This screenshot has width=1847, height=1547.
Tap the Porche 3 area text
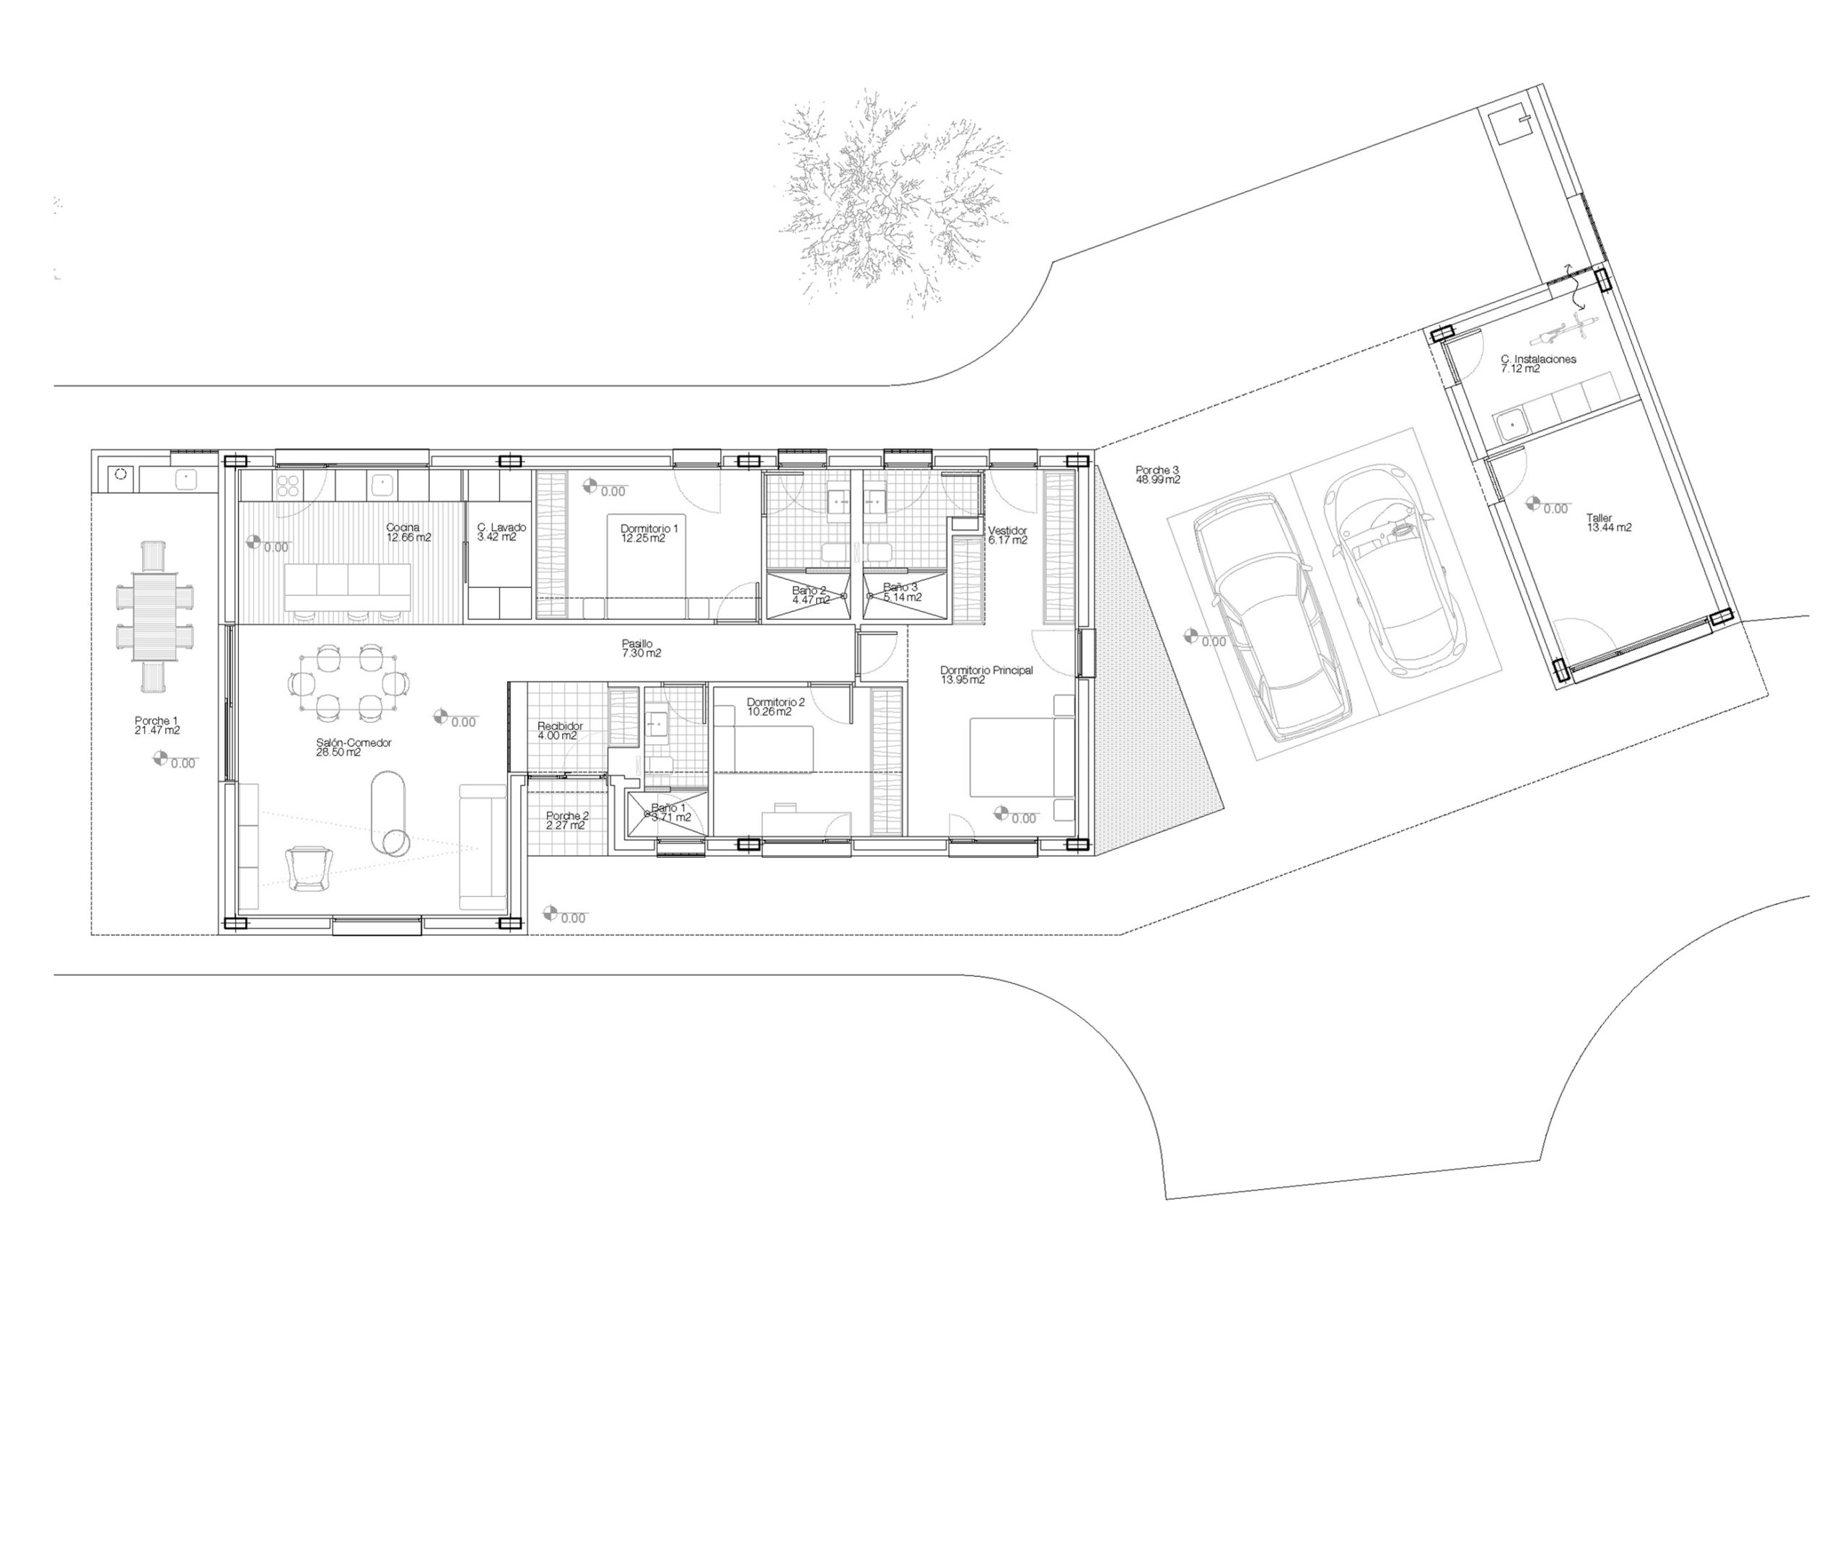[1157, 476]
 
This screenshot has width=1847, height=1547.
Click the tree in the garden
[892, 201]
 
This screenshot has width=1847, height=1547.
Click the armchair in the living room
[310, 867]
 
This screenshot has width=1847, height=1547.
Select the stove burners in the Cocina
[289, 486]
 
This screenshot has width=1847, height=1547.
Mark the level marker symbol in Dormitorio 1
[590, 486]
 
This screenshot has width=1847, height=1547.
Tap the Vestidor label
[1007, 535]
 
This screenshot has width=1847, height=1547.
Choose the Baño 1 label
[671, 812]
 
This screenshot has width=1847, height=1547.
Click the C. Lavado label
[501, 532]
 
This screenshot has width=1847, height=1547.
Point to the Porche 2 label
[567, 820]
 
